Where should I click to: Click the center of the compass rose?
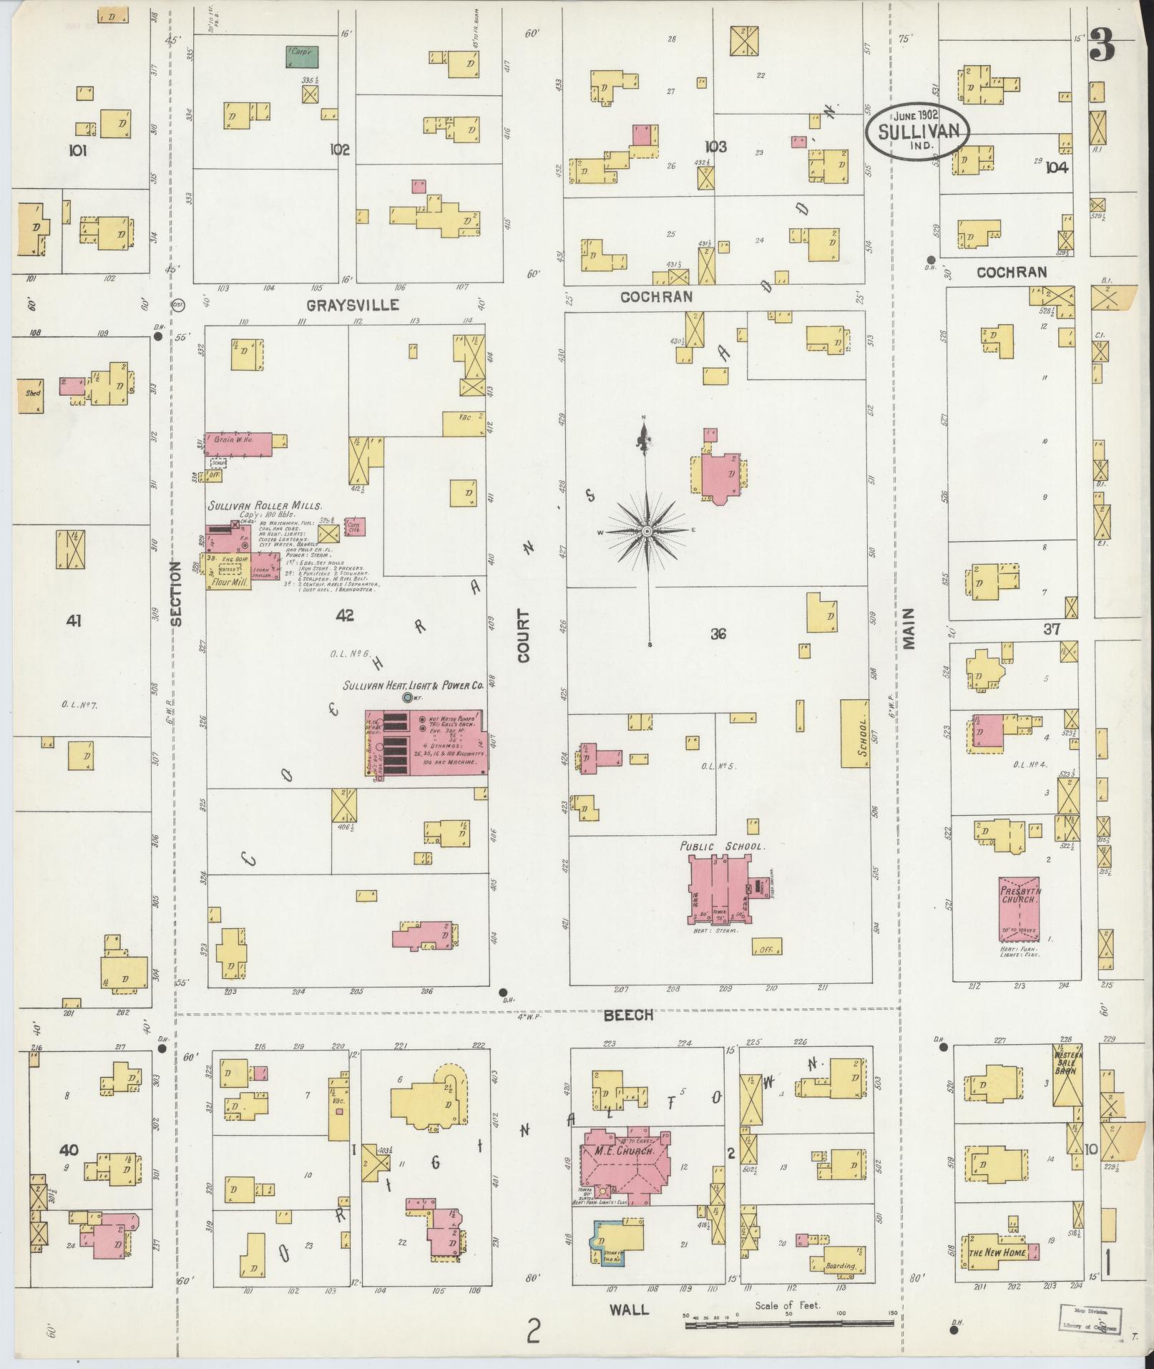pos(647,532)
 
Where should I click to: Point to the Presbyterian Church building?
pos(1019,909)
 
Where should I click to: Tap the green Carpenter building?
pos(303,57)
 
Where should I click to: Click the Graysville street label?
pos(353,306)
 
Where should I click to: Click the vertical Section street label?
pos(176,593)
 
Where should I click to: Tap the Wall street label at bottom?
pos(629,1310)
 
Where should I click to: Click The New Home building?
pos(998,1253)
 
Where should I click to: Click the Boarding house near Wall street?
pos(840,1265)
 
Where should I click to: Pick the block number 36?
pos(719,633)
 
